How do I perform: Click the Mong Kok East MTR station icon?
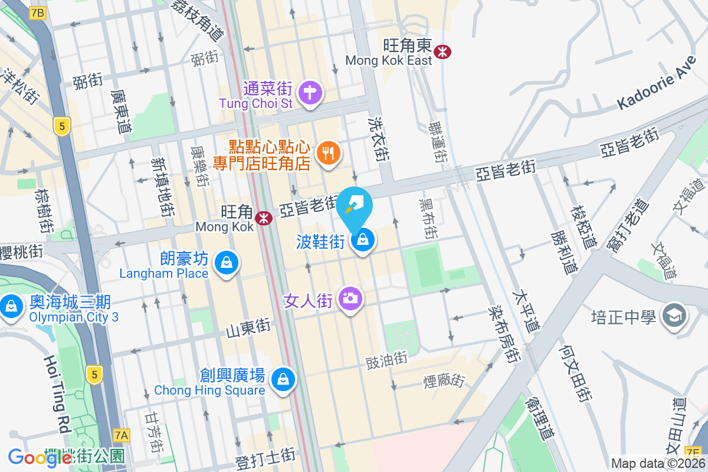(x=442, y=52)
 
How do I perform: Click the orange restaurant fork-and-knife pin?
(x=327, y=153)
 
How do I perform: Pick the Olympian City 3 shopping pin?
(x=11, y=306)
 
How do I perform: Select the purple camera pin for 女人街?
(x=350, y=299)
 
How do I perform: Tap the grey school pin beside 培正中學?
(x=673, y=316)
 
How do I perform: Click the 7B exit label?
(x=37, y=12)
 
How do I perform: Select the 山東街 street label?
(x=248, y=329)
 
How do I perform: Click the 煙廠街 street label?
(x=444, y=381)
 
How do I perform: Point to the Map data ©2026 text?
(x=658, y=463)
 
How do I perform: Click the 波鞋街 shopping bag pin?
(x=363, y=240)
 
